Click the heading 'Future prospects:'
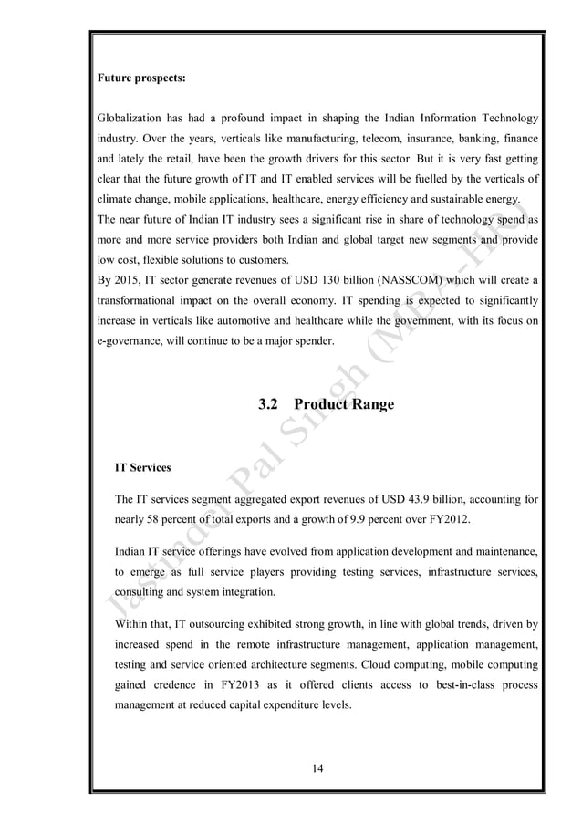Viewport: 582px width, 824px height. tap(141, 78)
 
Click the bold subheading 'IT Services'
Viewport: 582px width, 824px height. tap(142, 467)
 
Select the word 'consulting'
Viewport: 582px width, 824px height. tap(141, 590)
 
